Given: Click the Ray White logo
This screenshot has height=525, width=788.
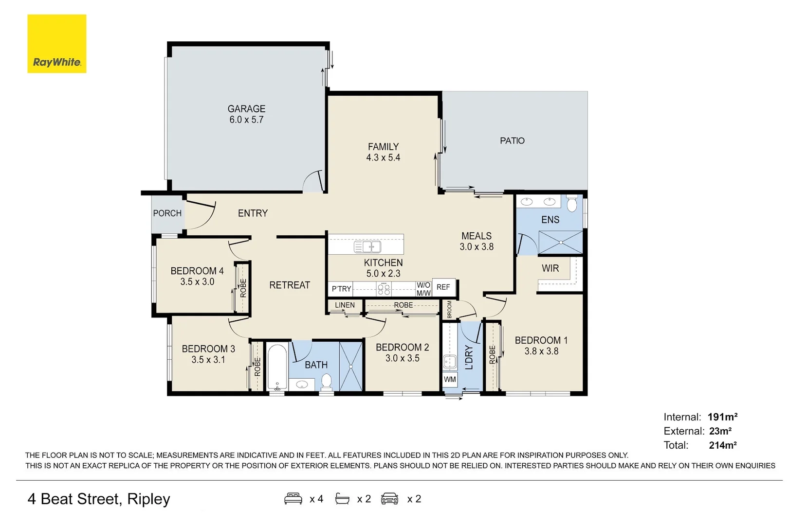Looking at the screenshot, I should pos(56,44).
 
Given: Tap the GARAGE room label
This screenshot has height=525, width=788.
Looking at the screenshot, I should pos(246,109).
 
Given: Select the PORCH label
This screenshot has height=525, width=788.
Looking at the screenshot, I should pos(167,213).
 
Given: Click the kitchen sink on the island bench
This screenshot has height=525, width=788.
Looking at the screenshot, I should pos(367,247).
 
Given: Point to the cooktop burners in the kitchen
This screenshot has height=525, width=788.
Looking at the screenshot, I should pos(384,290).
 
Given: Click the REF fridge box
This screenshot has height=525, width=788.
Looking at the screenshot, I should pos(443,287).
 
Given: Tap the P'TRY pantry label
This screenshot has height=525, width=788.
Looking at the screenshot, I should pos(341,289).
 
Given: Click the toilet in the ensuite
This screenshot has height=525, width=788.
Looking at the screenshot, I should pos(572,204).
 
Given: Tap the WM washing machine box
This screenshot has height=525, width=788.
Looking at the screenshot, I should pos(450,379).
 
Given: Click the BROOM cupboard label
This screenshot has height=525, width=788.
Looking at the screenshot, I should pos(449,310).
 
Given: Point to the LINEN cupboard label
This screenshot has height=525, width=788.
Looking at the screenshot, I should pos(345,305).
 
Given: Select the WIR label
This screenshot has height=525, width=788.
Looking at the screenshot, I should pos(550,268).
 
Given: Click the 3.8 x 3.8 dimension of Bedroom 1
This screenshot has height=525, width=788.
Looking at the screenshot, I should pos(541,351).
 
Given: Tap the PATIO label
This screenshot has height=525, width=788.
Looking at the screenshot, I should pos(512,140).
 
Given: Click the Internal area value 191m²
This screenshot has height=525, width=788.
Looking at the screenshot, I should pos(722,417).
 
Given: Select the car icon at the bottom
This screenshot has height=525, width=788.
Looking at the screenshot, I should pos(389,499).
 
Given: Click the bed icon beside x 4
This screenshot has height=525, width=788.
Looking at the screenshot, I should pos(293,499).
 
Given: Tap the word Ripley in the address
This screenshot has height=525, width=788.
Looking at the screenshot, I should pos(148,499).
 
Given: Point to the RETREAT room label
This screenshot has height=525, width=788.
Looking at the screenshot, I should pos(290,285).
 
